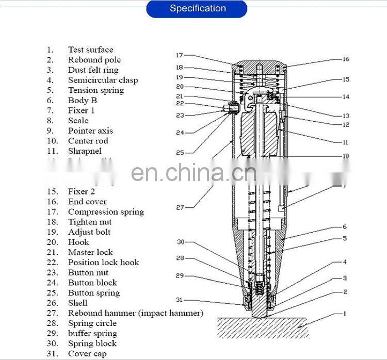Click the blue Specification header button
197,9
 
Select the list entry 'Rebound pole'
94,60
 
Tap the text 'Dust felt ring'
93,70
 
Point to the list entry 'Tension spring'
96,90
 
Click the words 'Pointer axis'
90,131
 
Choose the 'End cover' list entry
87,202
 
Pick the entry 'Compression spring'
106,212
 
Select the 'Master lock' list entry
90,252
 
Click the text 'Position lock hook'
103,263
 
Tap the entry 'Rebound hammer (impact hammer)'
135,313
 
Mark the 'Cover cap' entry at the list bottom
87,354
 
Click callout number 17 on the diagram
179,55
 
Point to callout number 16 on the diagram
345,59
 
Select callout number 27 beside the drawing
179,207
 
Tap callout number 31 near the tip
179,300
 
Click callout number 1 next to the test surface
345,314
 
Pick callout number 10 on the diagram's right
345,156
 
